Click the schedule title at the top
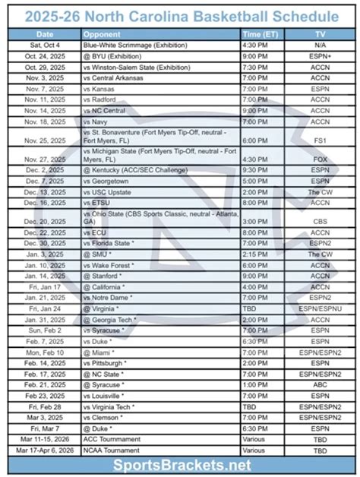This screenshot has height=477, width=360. (179, 15)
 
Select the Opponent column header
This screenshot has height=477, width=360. (103, 35)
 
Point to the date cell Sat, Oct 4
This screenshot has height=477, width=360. (45, 46)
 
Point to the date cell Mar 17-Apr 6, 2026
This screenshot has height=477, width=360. (45, 449)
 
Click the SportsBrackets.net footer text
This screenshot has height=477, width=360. (179, 463)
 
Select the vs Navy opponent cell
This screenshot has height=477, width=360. (99, 120)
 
